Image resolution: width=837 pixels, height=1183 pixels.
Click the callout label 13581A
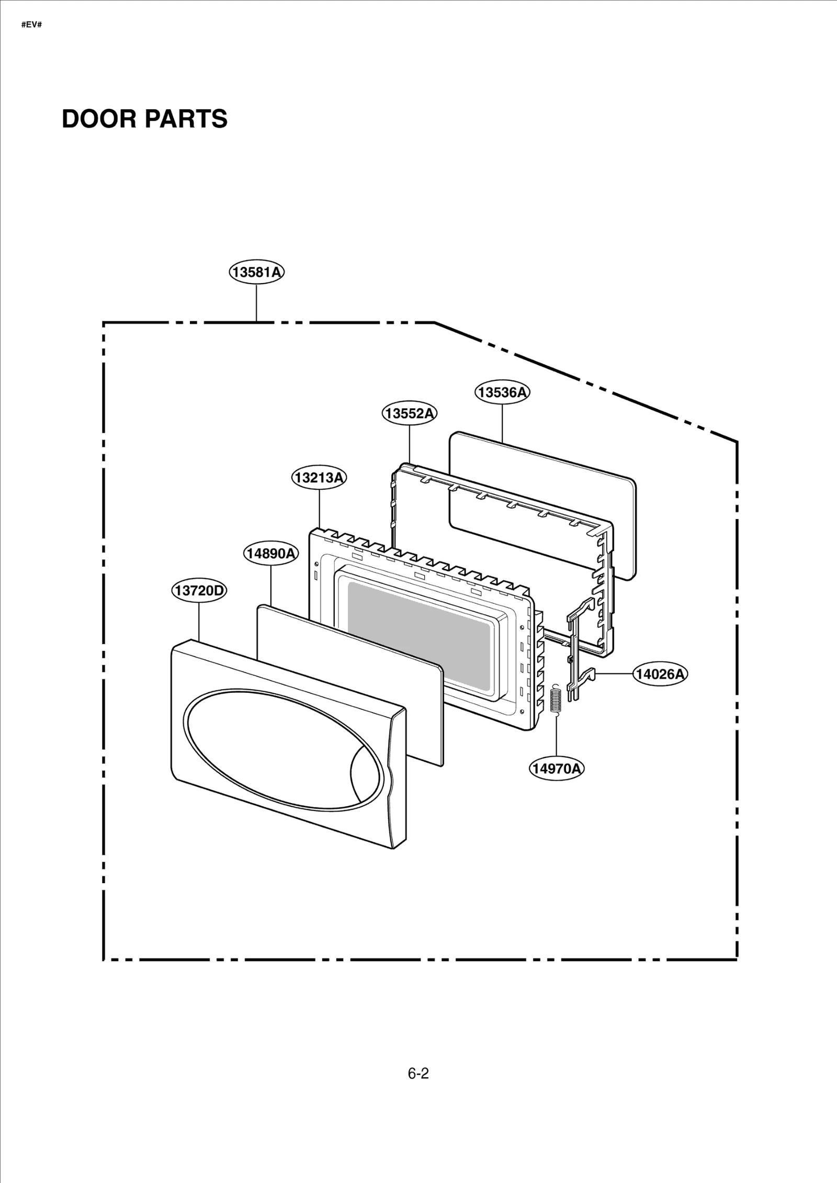point(256,273)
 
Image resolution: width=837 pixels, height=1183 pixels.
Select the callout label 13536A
point(502,392)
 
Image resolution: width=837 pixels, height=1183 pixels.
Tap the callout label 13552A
point(409,413)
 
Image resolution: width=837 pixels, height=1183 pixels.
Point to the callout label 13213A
point(319,478)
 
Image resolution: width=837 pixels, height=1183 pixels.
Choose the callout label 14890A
point(270,553)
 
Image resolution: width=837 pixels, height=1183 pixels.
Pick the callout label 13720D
point(199,591)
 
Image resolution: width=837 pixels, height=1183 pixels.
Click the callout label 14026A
point(660,674)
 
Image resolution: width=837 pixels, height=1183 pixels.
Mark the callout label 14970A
point(556,768)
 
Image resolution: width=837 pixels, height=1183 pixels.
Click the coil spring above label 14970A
point(556,700)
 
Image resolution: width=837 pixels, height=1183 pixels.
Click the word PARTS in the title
point(186,119)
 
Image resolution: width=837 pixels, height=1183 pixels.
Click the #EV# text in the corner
point(31,25)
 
